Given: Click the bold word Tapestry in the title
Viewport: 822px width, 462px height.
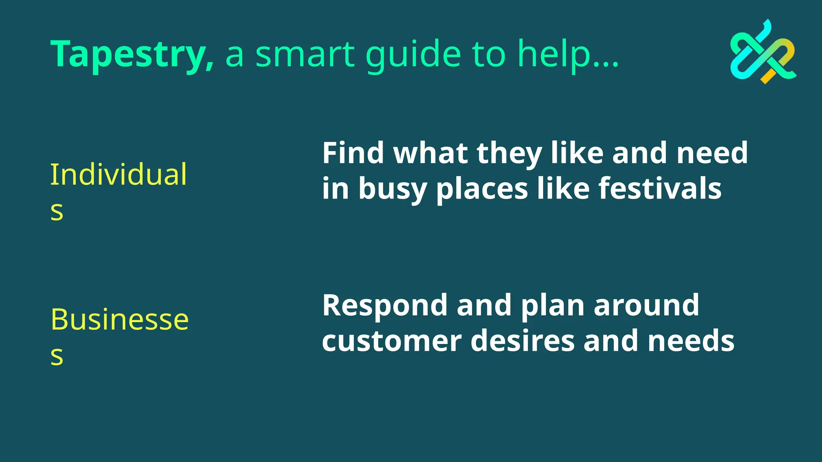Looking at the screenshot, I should (x=128, y=54).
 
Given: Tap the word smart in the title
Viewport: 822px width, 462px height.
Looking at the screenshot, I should (x=305, y=54).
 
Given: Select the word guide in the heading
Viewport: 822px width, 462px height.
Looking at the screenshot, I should (x=413, y=54).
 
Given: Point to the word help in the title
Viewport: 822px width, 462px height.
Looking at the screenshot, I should (x=554, y=54).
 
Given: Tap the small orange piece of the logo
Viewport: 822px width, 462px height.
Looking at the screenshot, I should (x=768, y=76).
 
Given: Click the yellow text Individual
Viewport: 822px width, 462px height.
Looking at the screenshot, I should (x=118, y=175).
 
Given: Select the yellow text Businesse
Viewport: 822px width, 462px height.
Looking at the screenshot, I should (x=120, y=320).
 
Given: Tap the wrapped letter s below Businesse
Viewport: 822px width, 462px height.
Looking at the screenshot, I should (x=57, y=355).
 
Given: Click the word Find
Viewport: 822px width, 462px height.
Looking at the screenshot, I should (x=353, y=153).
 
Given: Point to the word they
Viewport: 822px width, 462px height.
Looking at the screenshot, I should (x=509, y=154).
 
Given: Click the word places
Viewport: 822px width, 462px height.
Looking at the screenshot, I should (x=482, y=189).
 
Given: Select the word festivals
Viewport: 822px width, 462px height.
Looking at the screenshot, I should (x=660, y=188).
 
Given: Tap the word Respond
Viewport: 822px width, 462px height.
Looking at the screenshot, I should (x=385, y=306).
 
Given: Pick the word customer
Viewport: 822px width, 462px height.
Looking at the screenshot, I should (x=391, y=341).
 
